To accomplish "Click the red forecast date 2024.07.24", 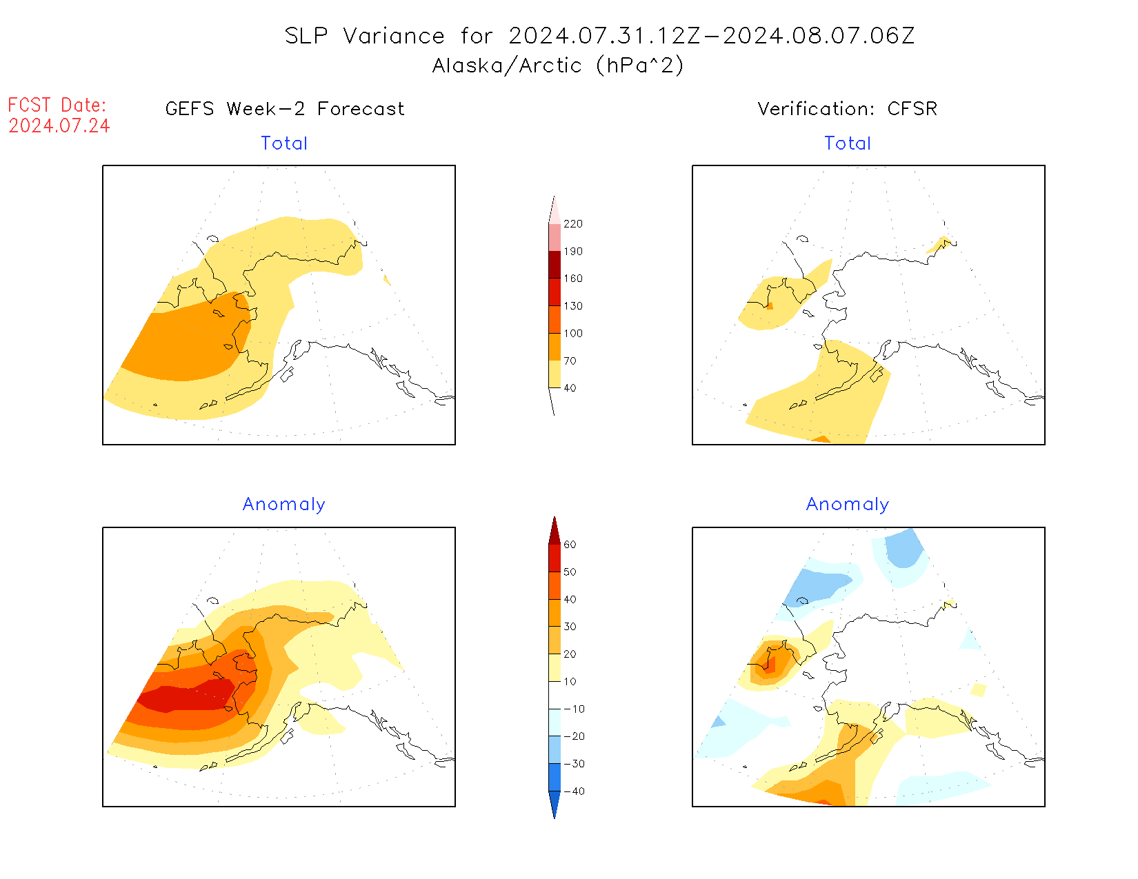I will pos(59,126).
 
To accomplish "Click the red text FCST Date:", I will pos(57,105).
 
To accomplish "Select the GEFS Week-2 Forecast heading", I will pos(285,109).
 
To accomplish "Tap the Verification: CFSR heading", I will pos(847,109).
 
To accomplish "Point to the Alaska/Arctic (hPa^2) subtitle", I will pos(558,65).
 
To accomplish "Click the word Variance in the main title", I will pos(394,36).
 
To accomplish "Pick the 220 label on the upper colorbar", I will pos(572,224).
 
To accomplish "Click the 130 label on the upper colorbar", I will pos(572,306).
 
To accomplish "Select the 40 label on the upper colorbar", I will pos(570,388).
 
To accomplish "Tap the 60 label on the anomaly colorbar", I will pos(570,545).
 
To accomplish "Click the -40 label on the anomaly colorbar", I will pos(573,791).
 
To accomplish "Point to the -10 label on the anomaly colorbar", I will pos(573,709).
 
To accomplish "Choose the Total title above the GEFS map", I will pos(284,143).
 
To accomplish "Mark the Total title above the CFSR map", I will pos(848,143).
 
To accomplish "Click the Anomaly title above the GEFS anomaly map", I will pos(284,505).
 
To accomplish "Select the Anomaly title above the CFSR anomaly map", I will pos(848,505).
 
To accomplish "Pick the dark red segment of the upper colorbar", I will pos(555,265).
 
